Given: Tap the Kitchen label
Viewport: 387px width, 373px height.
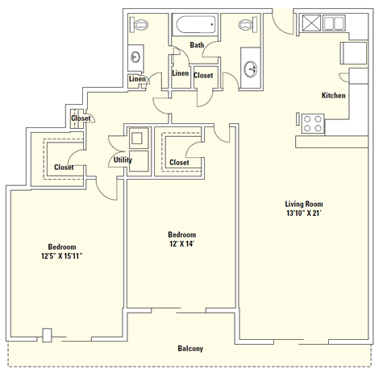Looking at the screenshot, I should [333, 95].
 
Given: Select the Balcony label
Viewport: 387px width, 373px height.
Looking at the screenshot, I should [190, 348].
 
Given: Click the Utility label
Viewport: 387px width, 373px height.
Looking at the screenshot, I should [123, 160].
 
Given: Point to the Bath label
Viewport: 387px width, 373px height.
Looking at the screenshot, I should [197, 45].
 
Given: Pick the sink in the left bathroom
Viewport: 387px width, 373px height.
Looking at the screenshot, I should [135, 57].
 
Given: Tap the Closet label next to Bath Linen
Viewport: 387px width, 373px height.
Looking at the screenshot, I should [203, 76].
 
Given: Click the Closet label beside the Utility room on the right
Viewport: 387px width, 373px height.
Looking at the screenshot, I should [179, 162].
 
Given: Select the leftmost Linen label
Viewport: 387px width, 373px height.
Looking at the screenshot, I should [137, 79].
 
